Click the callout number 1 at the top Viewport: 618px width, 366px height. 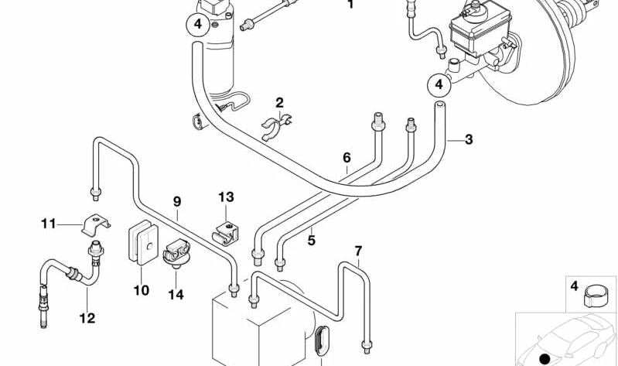coord(350,5)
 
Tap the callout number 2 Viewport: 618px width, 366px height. coord(279,102)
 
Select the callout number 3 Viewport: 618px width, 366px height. coord(468,139)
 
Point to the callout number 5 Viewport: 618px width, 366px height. coord(311,241)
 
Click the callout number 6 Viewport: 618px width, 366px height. coord(347,158)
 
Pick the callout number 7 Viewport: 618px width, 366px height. coord(358,251)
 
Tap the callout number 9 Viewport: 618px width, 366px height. coord(177,202)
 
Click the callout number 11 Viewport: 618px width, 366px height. coord(49,224)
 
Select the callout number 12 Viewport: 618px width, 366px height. coord(87,316)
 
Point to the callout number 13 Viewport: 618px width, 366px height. coord(225,197)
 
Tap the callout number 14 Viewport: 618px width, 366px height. coord(176,295)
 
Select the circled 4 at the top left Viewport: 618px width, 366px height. coord(197,25)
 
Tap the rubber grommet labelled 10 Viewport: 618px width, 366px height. coord(142,241)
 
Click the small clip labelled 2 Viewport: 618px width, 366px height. coord(275,124)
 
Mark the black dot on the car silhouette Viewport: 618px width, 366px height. coord(546,357)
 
